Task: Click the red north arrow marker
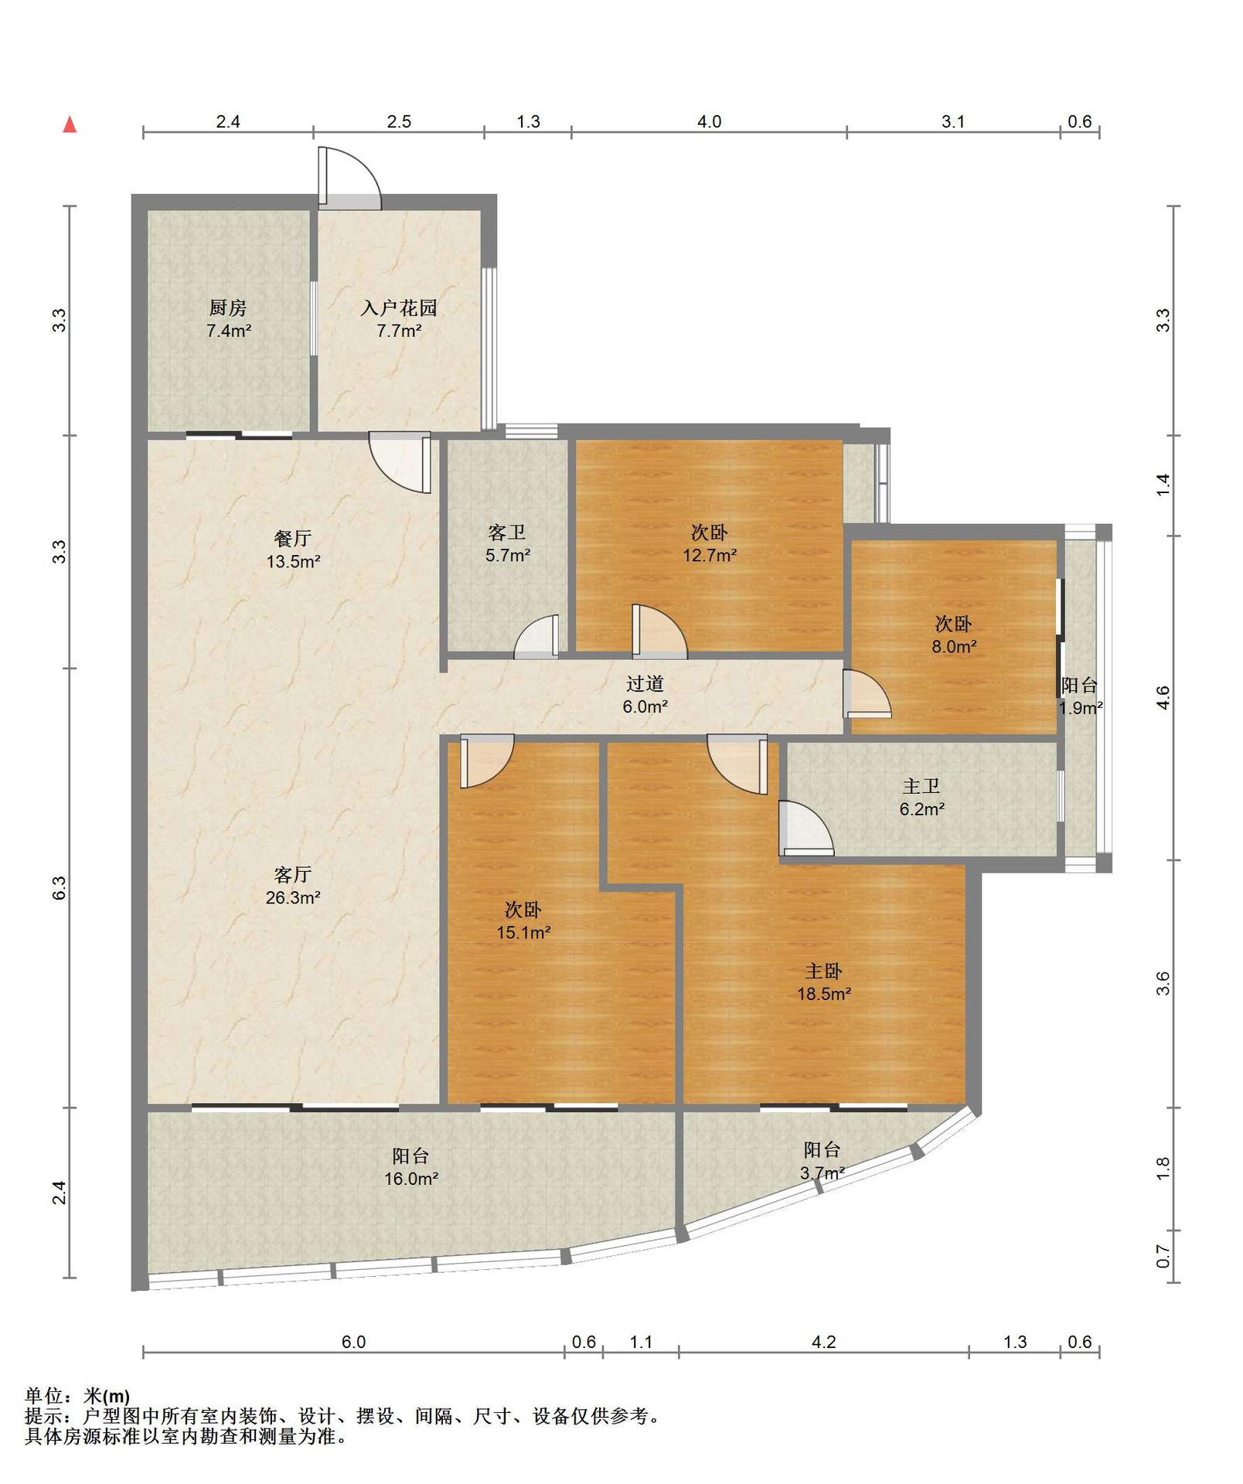pyautogui.click(x=70, y=124)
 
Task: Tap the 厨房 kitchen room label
pyautogui.click(x=228, y=308)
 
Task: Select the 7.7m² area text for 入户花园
pyautogui.click(x=399, y=331)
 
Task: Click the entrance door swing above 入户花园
pyautogui.click(x=349, y=178)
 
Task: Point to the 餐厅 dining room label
pyautogui.click(x=293, y=538)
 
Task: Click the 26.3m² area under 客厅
pyautogui.click(x=293, y=897)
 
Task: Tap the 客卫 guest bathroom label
pyautogui.click(x=507, y=532)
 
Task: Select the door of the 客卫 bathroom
pyautogui.click(x=536, y=637)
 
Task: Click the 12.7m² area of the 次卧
pyautogui.click(x=709, y=554)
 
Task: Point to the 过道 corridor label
pyautogui.click(x=645, y=683)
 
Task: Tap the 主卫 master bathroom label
pyautogui.click(x=921, y=786)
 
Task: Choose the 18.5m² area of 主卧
pyautogui.click(x=824, y=994)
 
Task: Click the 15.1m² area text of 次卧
pyautogui.click(x=523, y=932)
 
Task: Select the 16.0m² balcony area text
pyautogui.click(x=411, y=1179)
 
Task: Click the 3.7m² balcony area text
pyautogui.click(x=822, y=1173)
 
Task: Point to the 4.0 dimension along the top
pyautogui.click(x=709, y=121)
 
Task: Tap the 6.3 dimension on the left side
pyautogui.click(x=60, y=887)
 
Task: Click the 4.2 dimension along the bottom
pyautogui.click(x=823, y=1342)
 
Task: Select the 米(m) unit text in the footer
pyautogui.click(x=107, y=1397)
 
